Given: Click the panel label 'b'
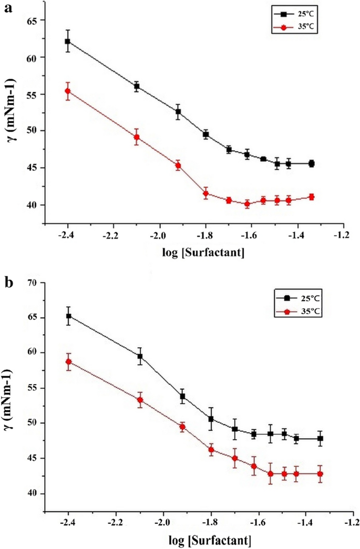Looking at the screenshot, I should (x=9, y=284).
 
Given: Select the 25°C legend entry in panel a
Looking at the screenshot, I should (x=294, y=12).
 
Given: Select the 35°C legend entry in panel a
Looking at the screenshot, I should (x=294, y=25).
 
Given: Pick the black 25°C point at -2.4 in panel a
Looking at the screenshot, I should (x=67, y=42).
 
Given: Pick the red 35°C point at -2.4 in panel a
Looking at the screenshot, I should (x=67, y=91).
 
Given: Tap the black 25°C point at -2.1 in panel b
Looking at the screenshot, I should (x=140, y=356).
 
